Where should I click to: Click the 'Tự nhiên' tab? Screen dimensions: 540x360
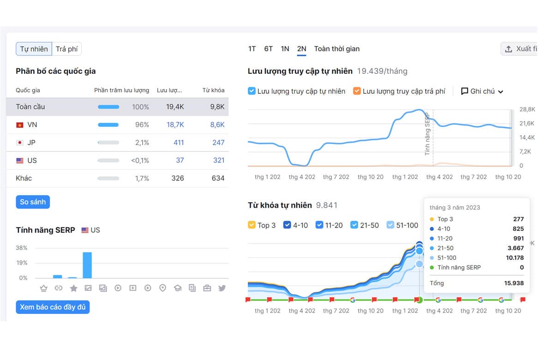point(34,49)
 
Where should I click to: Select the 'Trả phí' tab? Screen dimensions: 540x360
point(67,49)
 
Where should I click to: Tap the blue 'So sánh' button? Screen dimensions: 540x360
point(33,202)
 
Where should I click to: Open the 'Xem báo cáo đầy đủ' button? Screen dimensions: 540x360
point(53,307)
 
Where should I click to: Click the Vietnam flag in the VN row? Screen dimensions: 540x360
point(20,125)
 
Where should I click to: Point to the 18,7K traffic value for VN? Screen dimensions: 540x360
point(175,125)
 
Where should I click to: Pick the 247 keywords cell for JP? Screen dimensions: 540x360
point(218,143)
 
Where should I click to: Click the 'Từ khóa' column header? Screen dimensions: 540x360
point(213,90)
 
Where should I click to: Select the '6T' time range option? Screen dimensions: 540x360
point(268,49)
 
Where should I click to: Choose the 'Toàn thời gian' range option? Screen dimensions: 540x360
point(337,49)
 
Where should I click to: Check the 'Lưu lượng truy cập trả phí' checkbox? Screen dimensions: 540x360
point(357,91)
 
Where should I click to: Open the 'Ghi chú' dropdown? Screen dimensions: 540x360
point(482,91)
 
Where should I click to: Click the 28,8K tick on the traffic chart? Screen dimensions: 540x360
point(527,109)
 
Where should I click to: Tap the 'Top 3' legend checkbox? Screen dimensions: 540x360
point(252,225)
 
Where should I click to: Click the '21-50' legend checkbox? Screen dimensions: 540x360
point(354,225)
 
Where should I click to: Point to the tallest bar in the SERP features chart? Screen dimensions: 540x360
point(88,265)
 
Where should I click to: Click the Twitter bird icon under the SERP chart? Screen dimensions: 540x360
point(222,288)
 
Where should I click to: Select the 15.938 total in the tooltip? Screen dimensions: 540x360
point(514,283)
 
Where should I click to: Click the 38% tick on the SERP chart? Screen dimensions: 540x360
point(21,248)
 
